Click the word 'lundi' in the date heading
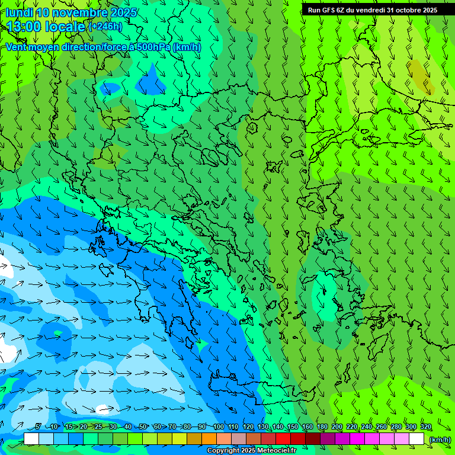click(19, 12)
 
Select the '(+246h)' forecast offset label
click(105, 26)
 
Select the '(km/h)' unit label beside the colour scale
click(440, 439)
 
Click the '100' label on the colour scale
click(218, 427)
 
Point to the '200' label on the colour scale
click(337, 427)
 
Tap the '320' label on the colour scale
click(425, 427)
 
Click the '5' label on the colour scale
click(39, 427)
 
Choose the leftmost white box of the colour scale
click(31, 438)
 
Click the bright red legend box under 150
click(283, 438)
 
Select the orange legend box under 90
click(209, 438)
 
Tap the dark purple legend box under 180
click(328, 438)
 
